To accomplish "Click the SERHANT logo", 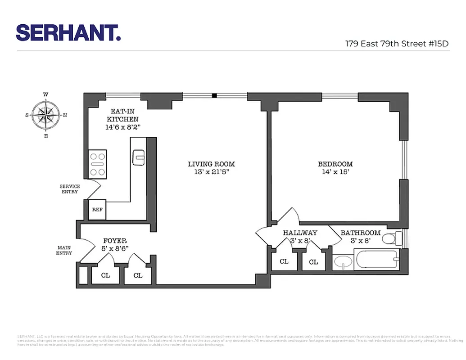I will tap(68, 33).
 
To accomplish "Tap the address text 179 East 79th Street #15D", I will tap(397, 44).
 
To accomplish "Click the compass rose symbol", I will tap(46, 115).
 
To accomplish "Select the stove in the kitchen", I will tap(98, 164).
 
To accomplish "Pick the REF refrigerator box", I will tap(97, 210).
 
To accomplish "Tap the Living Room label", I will tap(211, 164).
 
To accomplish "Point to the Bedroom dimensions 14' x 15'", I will tap(335, 172).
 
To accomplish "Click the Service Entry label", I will tap(70, 189).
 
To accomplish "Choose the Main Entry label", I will tap(64, 250).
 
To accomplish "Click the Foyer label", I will tap(115, 241).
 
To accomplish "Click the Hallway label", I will tap(300, 233).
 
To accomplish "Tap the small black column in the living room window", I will tap(215, 95).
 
